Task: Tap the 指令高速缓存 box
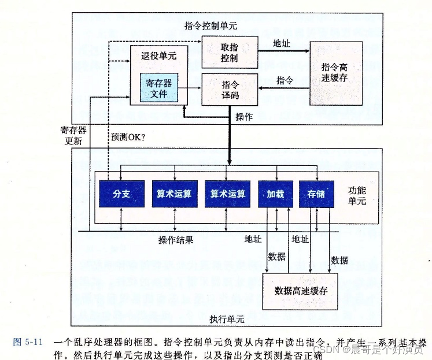tap(336, 73)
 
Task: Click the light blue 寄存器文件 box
tap(158, 87)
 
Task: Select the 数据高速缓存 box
tap(301, 291)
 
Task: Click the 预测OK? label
tap(128, 137)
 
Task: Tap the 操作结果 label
tap(176, 239)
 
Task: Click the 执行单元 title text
tap(226, 319)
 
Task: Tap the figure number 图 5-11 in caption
tap(27, 341)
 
